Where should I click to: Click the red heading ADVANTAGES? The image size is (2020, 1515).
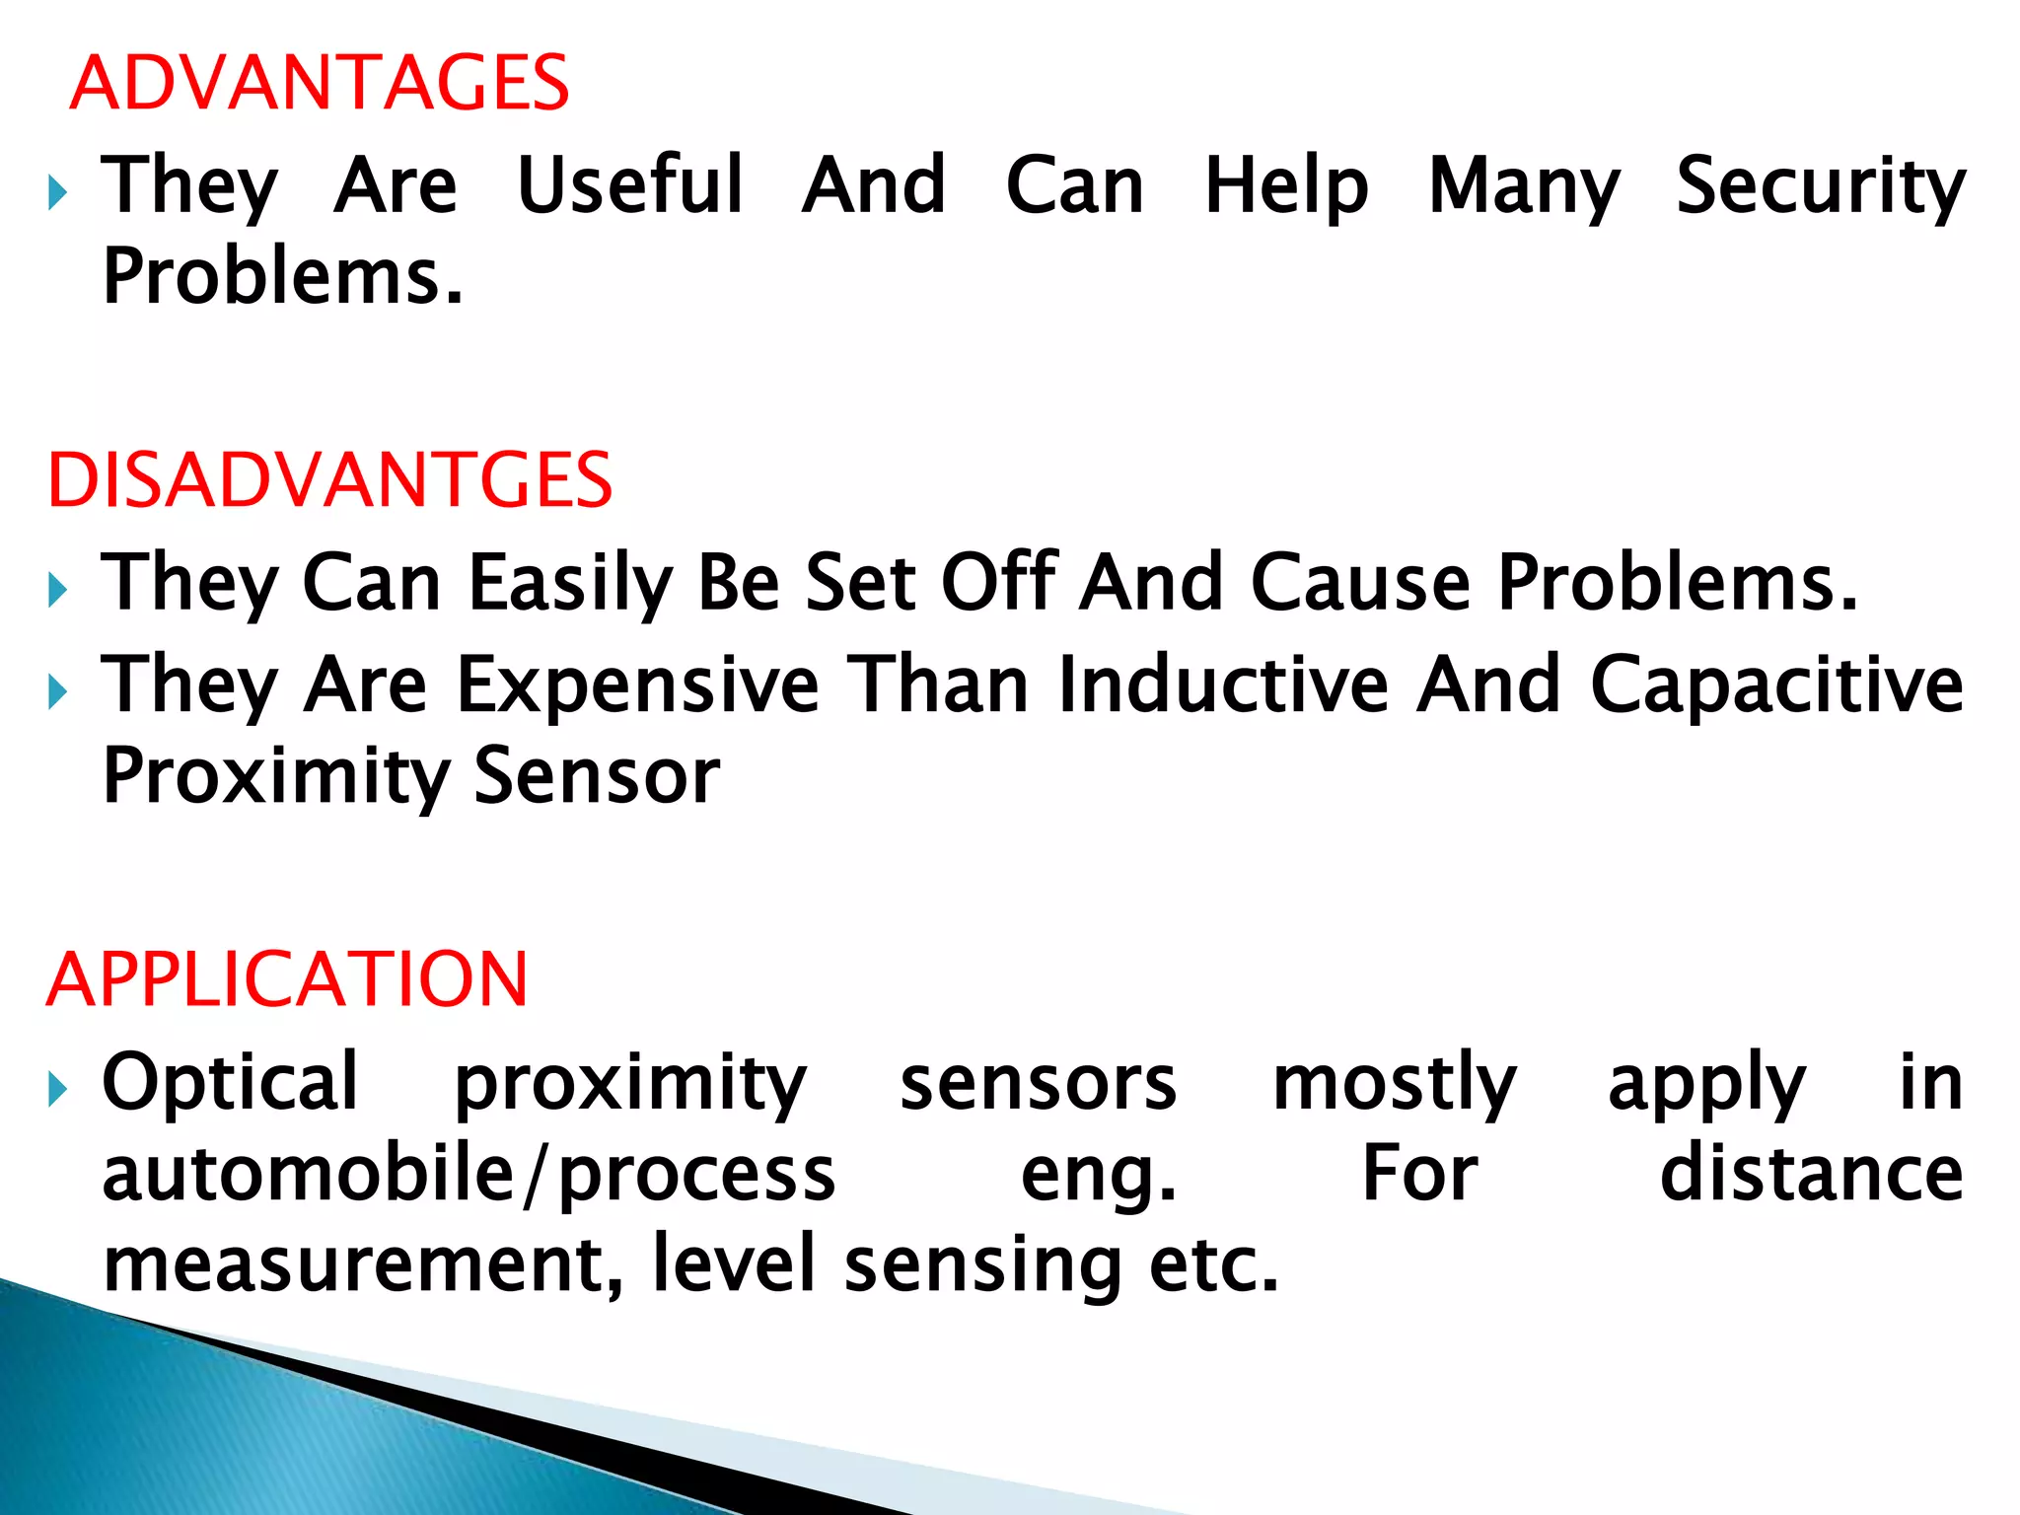click(320, 83)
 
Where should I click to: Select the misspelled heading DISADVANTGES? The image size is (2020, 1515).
click(329, 480)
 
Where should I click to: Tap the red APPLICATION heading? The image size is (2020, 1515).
click(287, 979)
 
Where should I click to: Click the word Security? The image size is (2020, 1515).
click(1821, 186)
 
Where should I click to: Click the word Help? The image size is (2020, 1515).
click(1286, 186)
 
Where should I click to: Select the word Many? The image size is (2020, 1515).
click(1524, 186)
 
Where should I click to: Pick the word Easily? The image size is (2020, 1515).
click(570, 584)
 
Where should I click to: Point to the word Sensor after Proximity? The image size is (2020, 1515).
click(597, 776)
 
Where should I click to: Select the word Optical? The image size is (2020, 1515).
click(230, 1083)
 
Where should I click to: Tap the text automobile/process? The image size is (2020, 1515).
click(469, 1175)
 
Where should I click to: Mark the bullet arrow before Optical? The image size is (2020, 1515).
click(57, 1090)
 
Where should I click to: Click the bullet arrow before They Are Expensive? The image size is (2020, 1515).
click(57, 692)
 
